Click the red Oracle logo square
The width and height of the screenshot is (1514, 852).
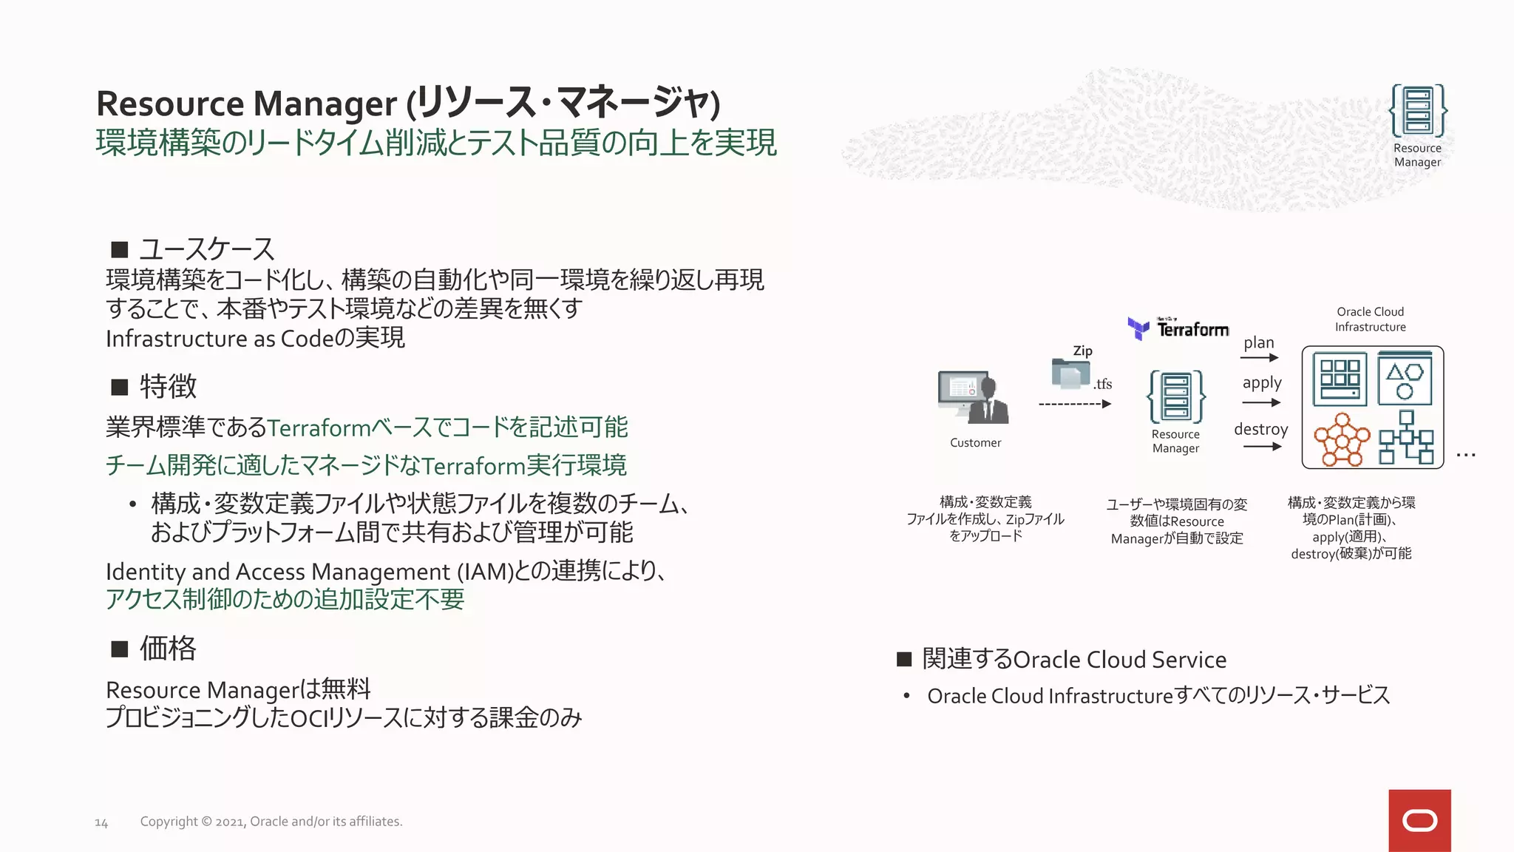[1419, 820]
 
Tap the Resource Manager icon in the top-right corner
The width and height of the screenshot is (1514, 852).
[1417, 111]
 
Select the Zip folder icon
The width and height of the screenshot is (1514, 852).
[1070, 373]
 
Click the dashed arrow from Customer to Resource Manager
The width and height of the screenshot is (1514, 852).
[1074, 404]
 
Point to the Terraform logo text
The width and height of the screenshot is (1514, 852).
[1192, 329]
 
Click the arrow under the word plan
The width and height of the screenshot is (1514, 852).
[1260, 358]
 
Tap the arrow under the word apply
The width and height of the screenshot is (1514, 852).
[1261, 402]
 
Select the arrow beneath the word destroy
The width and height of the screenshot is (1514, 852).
[1262, 446]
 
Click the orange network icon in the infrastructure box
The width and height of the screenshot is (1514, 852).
[1341, 439]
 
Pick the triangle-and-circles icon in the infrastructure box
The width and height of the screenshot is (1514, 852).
[1405, 379]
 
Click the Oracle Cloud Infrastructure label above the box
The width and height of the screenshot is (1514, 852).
[1370, 319]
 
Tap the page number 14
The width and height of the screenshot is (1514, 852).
[101, 822]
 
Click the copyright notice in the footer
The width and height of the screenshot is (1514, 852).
[271, 821]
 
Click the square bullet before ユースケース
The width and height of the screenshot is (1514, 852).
[120, 249]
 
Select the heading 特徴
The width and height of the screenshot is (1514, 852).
[169, 386]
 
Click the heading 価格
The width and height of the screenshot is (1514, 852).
[169, 648]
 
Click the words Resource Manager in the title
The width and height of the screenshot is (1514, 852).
[246, 104]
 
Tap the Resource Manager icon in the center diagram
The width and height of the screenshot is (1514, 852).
[1175, 397]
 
